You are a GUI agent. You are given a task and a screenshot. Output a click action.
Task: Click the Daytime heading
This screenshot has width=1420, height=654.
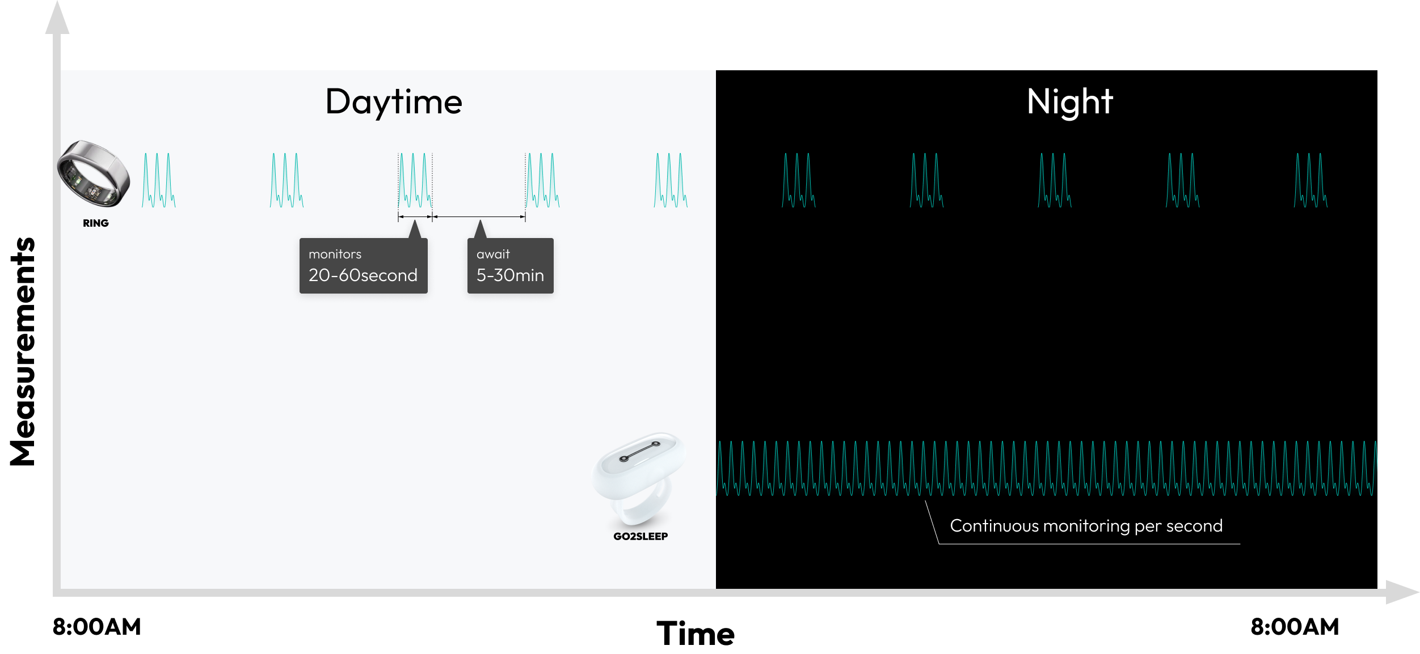394,102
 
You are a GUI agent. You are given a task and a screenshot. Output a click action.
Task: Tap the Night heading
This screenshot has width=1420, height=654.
1069,102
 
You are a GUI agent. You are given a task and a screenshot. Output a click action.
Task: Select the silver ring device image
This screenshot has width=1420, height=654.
94,173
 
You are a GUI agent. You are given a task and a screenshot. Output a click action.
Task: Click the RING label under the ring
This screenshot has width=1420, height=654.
96,223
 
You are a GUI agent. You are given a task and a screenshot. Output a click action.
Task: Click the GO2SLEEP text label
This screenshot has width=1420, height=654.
641,536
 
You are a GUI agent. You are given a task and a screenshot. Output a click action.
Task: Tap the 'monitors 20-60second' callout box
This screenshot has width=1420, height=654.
363,266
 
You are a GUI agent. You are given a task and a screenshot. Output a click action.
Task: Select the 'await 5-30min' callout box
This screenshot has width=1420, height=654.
510,266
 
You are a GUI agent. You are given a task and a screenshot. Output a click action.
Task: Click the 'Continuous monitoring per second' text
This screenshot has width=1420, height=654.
1086,526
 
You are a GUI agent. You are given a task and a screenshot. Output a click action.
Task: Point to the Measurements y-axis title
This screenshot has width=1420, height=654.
23,351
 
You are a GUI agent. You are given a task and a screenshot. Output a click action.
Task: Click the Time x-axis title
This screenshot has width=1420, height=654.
696,633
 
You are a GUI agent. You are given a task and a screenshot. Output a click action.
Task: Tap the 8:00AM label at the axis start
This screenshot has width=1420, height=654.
96,627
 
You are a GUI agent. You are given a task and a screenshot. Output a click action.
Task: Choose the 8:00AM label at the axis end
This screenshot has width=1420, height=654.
1295,627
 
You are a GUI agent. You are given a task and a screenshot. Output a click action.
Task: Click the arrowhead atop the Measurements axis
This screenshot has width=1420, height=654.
57,18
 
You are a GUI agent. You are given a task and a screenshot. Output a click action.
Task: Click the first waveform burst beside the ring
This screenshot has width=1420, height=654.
158,180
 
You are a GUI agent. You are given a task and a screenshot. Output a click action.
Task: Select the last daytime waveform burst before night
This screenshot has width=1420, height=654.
670,180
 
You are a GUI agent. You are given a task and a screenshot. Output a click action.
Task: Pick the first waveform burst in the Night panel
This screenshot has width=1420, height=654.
798,180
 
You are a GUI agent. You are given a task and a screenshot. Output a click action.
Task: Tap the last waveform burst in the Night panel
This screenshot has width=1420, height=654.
1311,180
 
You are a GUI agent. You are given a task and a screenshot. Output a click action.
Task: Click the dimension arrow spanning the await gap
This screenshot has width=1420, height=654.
479,216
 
